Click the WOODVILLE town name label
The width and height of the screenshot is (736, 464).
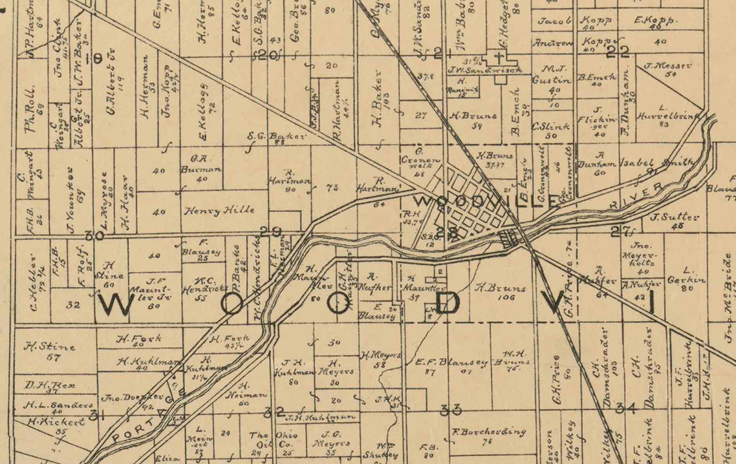coord(486,201)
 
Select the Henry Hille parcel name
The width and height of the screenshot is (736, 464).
coord(219,210)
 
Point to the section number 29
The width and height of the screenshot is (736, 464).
coord(270,232)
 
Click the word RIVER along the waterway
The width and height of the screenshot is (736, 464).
coord(638,196)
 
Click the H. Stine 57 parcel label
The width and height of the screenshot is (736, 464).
coord(50,350)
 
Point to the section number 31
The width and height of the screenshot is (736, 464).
coord(98,415)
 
